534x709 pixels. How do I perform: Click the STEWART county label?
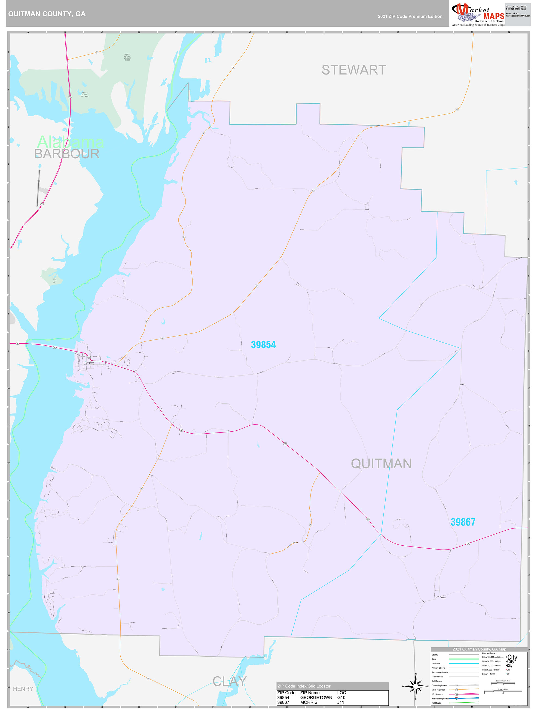(x=354, y=70)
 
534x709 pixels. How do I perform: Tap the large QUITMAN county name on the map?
(x=381, y=464)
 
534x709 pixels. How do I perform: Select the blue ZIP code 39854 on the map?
(x=263, y=345)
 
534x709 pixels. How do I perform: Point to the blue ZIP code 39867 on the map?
(x=463, y=522)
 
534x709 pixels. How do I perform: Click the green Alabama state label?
(x=71, y=142)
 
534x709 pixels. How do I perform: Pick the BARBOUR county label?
(x=67, y=154)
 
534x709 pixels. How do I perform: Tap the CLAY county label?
(x=230, y=681)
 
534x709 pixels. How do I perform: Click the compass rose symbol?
(x=416, y=686)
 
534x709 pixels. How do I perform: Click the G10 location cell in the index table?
(x=341, y=698)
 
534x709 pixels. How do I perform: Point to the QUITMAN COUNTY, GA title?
(x=47, y=14)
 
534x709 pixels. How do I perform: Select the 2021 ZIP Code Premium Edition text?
(x=410, y=16)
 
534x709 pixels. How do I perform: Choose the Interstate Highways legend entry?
(x=440, y=698)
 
